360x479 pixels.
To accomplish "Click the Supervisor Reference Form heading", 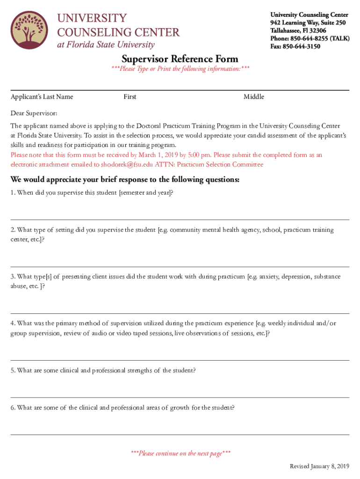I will tap(180, 59).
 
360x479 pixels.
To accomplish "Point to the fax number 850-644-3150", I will tap(302, 46).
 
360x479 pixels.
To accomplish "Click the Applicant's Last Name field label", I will tap(42, 97).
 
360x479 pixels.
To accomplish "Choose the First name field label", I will tap(130, 97).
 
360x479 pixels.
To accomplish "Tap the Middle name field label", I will tap(253, 97).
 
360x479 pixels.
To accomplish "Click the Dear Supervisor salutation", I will tap(34, 113).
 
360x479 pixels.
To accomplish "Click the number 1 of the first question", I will tap(13, 193).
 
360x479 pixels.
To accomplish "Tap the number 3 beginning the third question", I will tap(13, 276).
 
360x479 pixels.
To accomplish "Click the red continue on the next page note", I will tap(180, 453).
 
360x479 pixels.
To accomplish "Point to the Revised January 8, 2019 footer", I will tap(319, 466).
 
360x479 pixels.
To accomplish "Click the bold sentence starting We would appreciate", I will tap(125, 180).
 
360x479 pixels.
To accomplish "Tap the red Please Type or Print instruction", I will tap(180, 69).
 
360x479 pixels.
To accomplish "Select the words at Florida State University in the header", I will tap(106, 45).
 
